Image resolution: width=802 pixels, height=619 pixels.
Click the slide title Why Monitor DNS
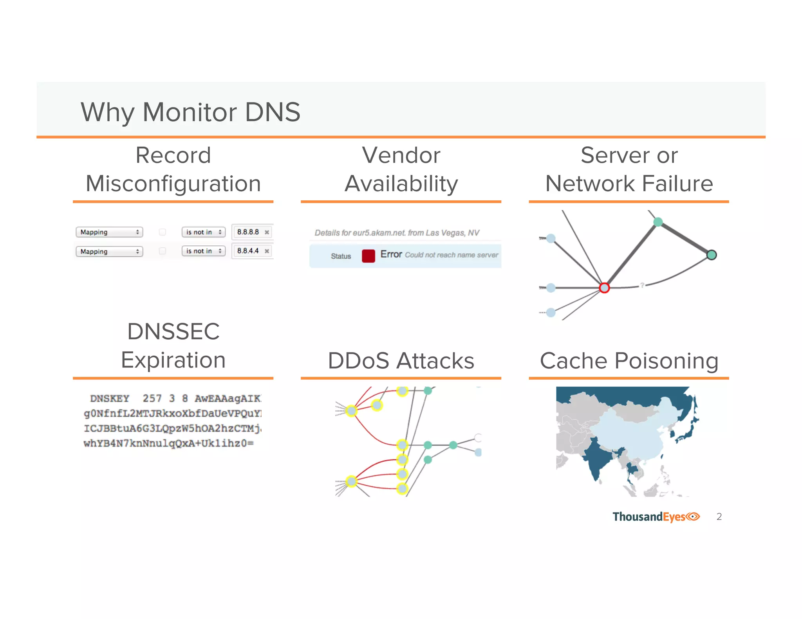190,112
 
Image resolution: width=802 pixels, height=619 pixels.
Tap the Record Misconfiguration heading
173,169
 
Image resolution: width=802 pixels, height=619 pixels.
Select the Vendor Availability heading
401,169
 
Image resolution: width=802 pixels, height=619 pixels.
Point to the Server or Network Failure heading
629,169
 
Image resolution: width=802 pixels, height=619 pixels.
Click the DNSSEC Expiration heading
173,346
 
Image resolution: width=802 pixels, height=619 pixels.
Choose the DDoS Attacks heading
401,360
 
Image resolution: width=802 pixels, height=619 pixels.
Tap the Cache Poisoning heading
629,360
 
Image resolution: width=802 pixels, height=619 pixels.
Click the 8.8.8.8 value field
248,232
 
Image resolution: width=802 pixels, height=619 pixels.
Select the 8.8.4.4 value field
248,251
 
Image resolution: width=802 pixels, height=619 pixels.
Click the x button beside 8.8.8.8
267,232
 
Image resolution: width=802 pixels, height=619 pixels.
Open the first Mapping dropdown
109,232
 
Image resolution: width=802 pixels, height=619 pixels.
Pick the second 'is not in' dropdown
203,251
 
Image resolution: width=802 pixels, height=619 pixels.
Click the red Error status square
368,256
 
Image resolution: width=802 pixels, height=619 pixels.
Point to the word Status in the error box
341,256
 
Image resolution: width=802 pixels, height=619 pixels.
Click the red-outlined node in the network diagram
604,288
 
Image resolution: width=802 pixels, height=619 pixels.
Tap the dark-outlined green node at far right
712,255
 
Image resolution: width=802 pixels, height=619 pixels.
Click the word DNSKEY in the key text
110,398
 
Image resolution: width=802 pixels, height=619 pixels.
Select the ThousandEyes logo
656,516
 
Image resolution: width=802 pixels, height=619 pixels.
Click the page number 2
719,516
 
